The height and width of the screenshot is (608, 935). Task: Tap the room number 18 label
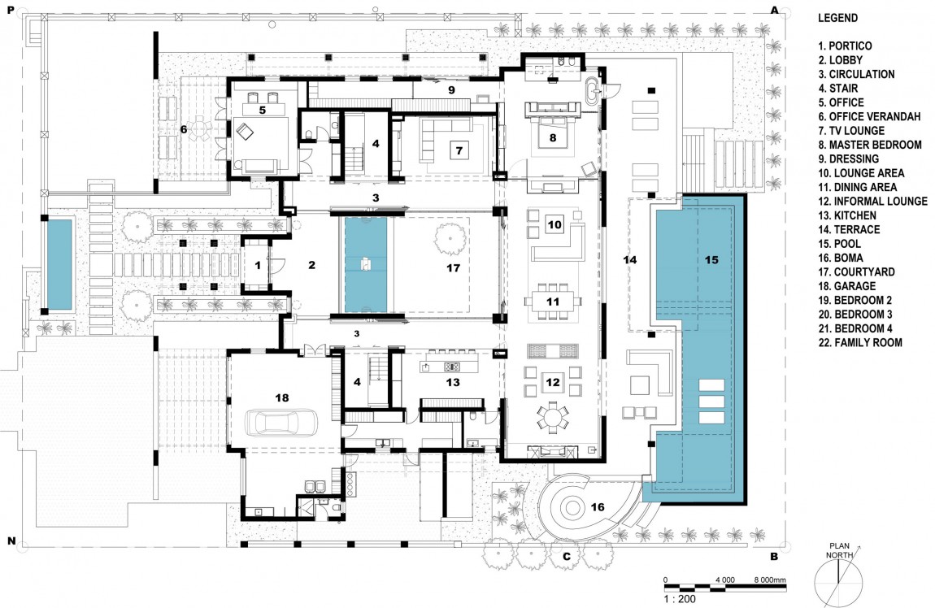pos(282,397)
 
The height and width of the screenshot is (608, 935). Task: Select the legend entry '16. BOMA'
pos(841,258)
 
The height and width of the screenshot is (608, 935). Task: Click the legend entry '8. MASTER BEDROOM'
pos(870,145)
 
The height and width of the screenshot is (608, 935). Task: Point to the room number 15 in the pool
pos(711,260)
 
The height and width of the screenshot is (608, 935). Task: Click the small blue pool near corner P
pos(59,264)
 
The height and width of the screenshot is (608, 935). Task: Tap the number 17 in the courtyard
pos(453,268)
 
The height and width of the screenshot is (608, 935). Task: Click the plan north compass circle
pos(838,579)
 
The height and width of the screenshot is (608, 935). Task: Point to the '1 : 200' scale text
pos(680,599)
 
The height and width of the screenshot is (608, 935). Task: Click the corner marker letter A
pos(775,10)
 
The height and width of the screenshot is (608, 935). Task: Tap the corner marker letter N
pos(11,541)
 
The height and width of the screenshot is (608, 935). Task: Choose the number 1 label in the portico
pos(258,265)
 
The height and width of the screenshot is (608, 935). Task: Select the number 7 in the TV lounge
pos(459,151)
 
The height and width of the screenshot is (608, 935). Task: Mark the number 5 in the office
pos(263,111)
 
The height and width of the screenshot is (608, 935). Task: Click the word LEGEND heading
pos(837,18)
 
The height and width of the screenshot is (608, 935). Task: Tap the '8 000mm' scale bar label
pos(770,580)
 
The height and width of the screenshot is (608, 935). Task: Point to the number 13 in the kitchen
pos(453,382)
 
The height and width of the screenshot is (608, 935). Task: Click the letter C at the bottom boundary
pos(567,558)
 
